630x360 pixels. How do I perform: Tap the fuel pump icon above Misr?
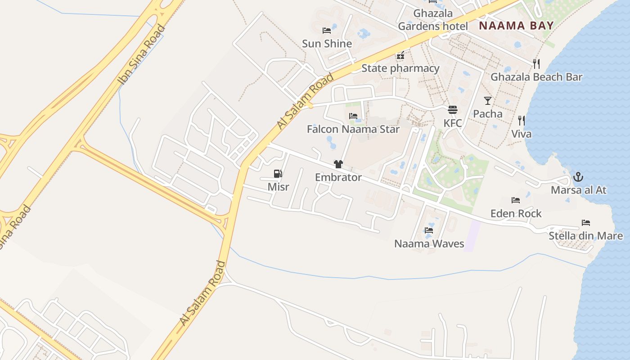tap(278, 174)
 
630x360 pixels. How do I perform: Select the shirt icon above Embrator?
tap(338, 164)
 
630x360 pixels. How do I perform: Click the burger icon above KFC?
tap(453, 110)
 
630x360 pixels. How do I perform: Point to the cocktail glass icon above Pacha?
tap(488, 100)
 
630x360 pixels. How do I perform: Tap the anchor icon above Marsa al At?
tap(578, 176)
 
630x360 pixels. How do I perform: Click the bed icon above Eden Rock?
tap(516, 200)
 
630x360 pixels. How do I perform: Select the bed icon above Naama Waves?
tap(429, 230)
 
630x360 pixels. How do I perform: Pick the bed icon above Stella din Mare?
tap(585, 223)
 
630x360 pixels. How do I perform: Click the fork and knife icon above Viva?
tap(521, 120)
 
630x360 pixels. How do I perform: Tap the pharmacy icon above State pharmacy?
tap(400, 56)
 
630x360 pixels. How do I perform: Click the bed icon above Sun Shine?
tap(327, 31)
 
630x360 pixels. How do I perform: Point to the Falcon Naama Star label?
tap(353, 130)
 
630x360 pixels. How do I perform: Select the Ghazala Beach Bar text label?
tap(536, 77)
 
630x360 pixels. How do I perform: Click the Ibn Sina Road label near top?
tap(141, 55)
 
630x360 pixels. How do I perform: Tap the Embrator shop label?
tap(338, 177)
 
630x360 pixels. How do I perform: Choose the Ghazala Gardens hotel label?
tap(433, 20)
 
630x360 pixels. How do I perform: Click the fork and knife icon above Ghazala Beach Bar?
tap(536, 63)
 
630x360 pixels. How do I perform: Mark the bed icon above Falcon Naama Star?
tap(353, 116)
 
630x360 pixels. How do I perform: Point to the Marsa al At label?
tap(578, 190)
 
